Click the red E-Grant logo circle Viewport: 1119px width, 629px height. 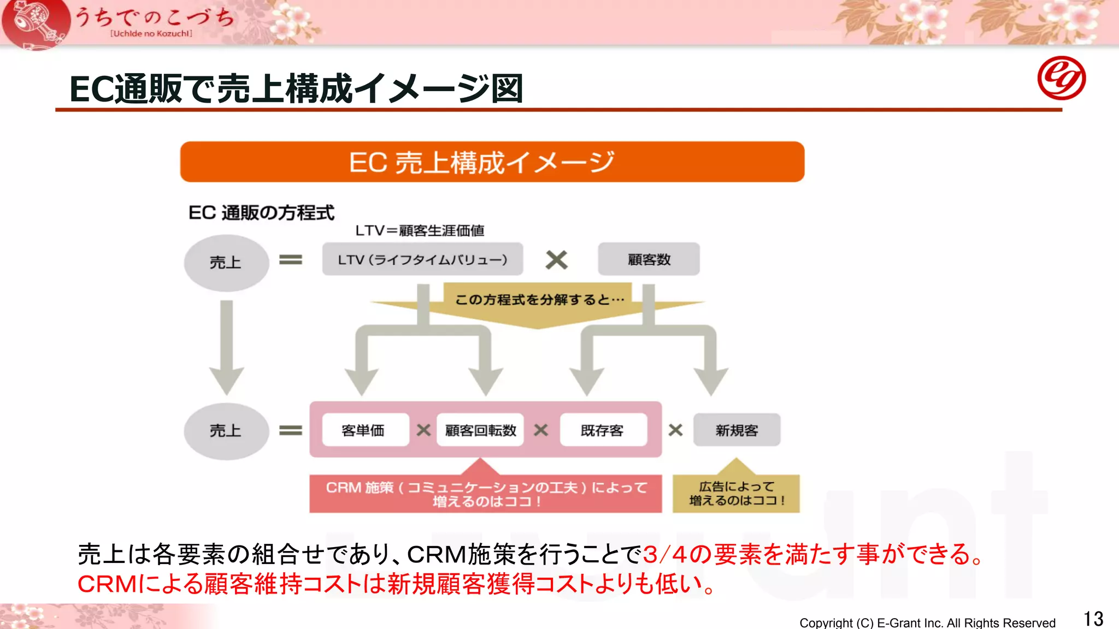tap(1061, 78)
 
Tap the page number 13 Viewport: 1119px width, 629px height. tap(1093, 619)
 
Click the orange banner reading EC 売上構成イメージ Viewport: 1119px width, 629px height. tap(492, 162)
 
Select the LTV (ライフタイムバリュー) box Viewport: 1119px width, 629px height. tap(422, 259)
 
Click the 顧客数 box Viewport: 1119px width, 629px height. tap(649, 259)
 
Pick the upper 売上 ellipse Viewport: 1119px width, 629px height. tap(226, 263)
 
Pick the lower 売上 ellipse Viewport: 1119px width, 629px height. tap(226, 431)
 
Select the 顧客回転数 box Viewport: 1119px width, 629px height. tap(480, 430)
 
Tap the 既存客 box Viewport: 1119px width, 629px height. tap(603, 430)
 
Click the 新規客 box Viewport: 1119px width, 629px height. tap(737, 430)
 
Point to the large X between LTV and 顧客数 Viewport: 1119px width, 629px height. tap(556, 260)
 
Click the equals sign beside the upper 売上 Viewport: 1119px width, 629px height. tap(291, 260)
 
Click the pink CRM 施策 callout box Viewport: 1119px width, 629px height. tap(485, 494)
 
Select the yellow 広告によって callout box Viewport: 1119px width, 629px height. tap(736, 494)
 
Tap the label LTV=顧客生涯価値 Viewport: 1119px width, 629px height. tap(420, 230)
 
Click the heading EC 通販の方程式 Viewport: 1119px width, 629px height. tap(261, 212)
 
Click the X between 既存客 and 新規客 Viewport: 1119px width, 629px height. tap(675, 430)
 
